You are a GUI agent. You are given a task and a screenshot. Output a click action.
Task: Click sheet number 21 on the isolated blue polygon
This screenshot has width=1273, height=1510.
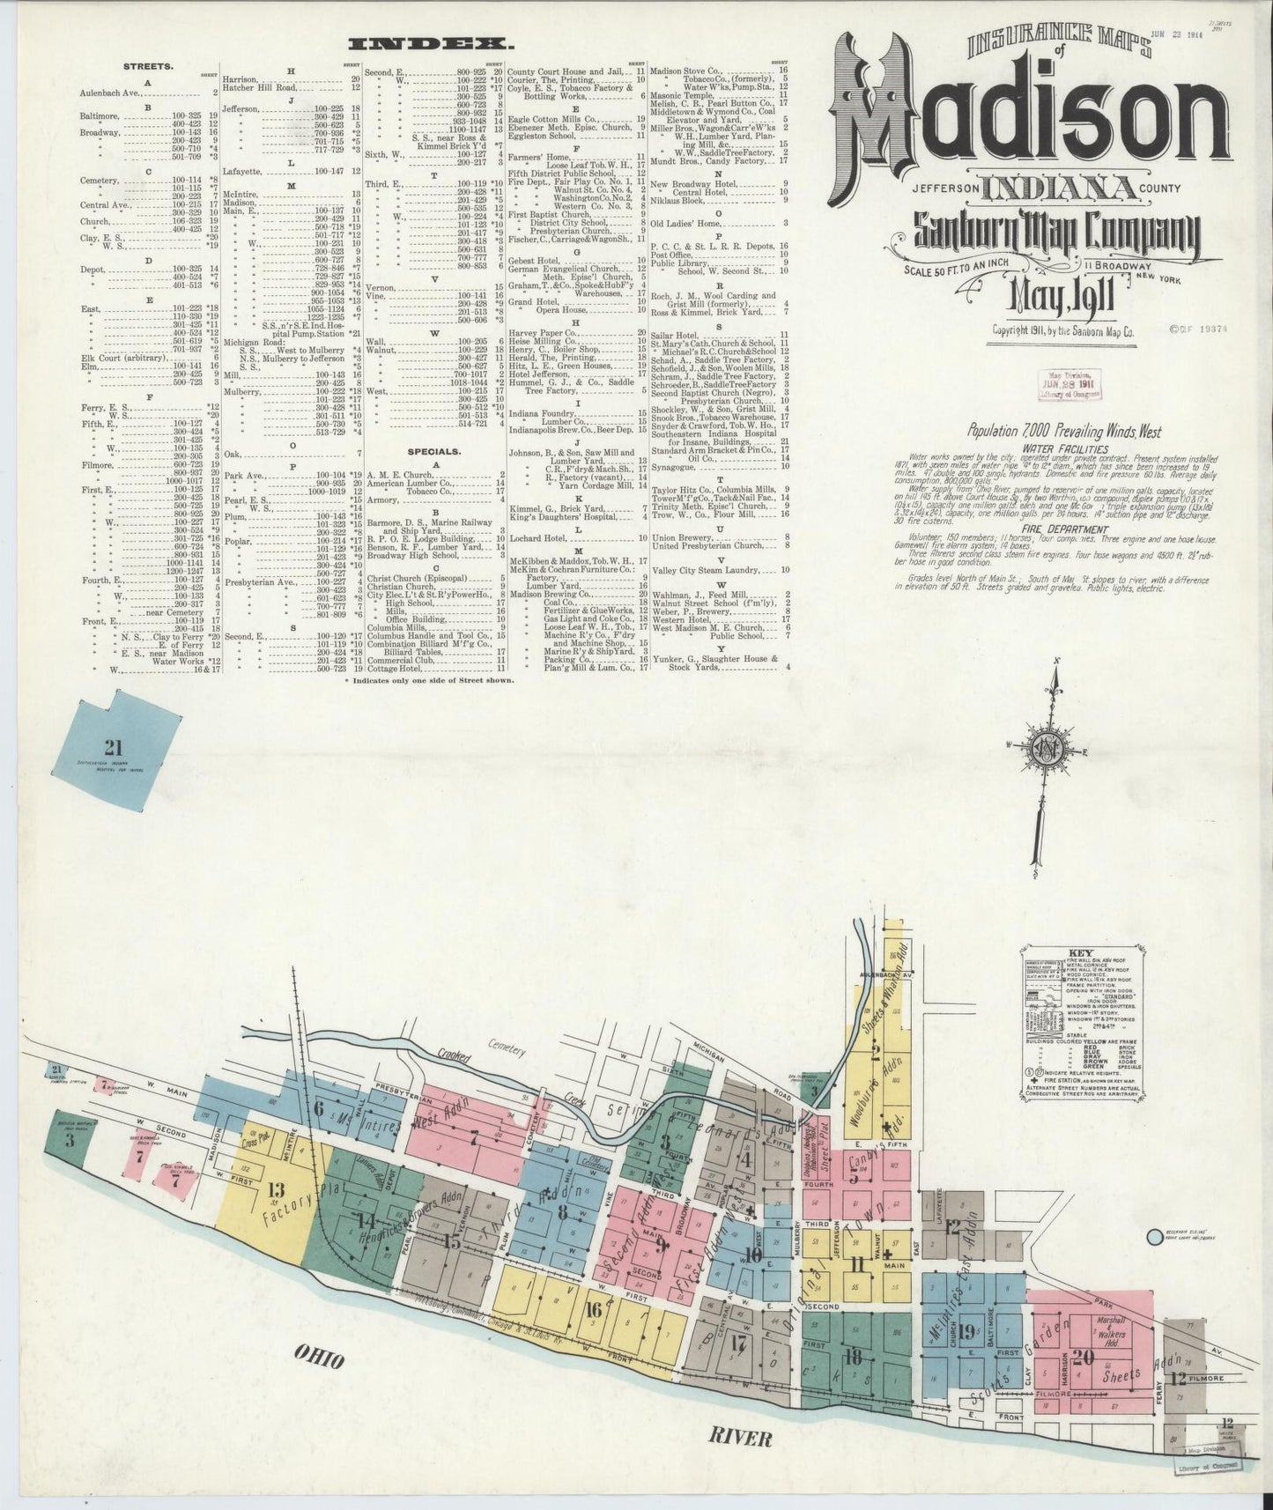click(113, 748)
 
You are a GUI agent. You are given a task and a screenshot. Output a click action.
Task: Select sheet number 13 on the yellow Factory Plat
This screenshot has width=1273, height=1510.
click(276, 1190)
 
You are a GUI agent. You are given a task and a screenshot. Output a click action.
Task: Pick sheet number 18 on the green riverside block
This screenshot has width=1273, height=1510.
click(852, 1356)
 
